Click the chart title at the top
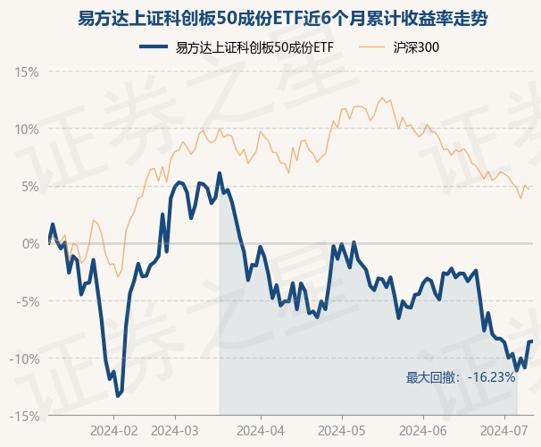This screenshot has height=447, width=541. point(270,18)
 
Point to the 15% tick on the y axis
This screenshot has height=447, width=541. point(27,71)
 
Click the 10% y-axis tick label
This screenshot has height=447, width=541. point(27,128)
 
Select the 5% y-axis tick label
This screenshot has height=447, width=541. point(29,186)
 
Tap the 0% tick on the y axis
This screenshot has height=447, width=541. point(29,243)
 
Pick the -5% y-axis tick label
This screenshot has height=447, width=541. point(28,301)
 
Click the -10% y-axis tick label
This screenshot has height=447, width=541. point(25,358)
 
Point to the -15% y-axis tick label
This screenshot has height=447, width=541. point(25,416)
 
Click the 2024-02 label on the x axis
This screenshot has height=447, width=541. point(114,430)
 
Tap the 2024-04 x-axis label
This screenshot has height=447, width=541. point(260,430)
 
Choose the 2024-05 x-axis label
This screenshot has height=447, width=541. point(343,430)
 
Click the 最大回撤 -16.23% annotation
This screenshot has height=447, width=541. point(461,377)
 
